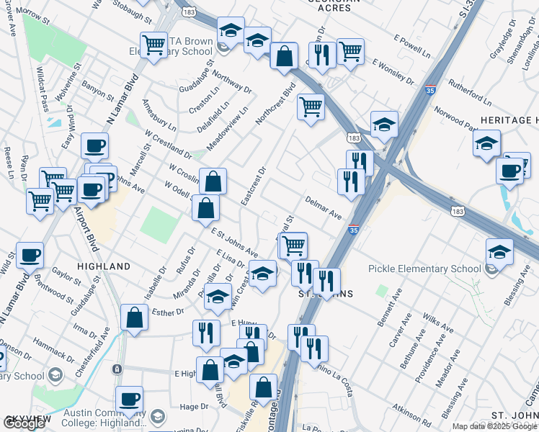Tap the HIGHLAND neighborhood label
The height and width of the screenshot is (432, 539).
tap(103, 266)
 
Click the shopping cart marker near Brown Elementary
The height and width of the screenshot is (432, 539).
tap(153, 45)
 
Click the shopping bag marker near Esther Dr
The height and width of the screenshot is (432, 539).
tap(135, 317)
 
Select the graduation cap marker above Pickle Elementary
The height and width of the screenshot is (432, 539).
tap(499, 251)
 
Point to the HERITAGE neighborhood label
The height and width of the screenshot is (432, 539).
tap(509, 120)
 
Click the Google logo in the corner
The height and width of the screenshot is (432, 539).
tap(24, 423)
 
